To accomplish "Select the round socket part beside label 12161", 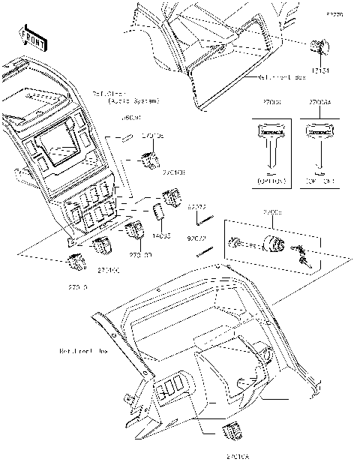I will (318, 49).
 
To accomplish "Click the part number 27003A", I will (320, 100).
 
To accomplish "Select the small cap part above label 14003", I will (160, 213).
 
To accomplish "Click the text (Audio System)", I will (127, 99).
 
